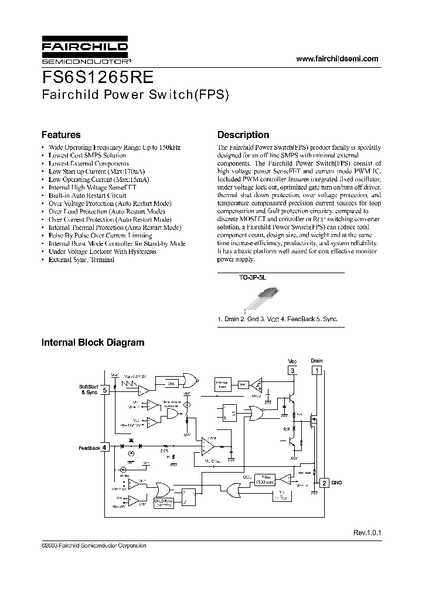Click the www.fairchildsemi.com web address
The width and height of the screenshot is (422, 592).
click(337, 59)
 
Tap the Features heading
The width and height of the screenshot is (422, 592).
click(61, 135)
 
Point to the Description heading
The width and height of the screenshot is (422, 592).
click(243, 135)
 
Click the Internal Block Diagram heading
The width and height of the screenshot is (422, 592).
click(93, 343)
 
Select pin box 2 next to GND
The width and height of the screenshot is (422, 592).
click(324, 483)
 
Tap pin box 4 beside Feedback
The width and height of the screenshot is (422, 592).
click(104, 448)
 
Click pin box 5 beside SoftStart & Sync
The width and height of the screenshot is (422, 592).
click(104, 390)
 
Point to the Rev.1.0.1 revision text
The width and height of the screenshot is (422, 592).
click(367, 533)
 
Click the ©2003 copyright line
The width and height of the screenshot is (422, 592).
click(94, 545)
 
